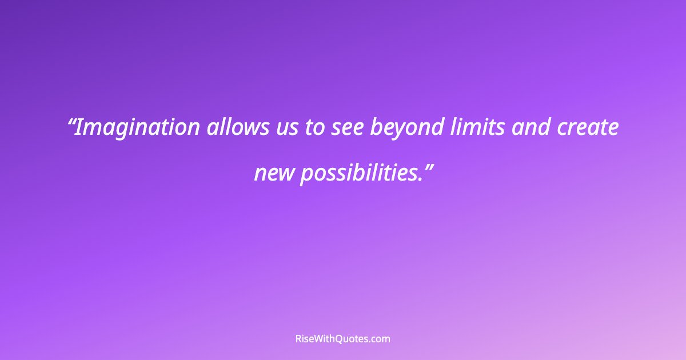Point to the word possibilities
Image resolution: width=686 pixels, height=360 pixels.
(358, 173)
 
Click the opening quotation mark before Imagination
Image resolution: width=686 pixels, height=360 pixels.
(71, 122)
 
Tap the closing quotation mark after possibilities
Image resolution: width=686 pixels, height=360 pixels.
(427, 166)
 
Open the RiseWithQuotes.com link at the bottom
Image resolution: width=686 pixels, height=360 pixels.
(342, 339)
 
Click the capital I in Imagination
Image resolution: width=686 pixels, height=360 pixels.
(79, 127)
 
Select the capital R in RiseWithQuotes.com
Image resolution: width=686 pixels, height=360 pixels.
(298, 339)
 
